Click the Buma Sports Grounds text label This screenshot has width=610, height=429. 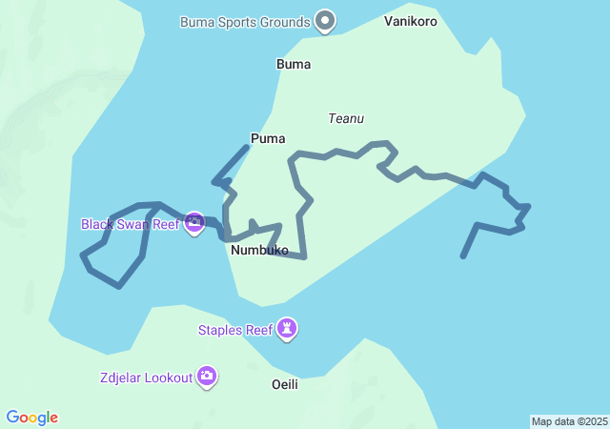tap(245, 22)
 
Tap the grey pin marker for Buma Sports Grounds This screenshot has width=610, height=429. tap(326, 20)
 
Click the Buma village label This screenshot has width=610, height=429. tap(294, 65)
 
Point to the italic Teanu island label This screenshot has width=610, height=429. tap(346, 119)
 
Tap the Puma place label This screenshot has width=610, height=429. tap(268, 139)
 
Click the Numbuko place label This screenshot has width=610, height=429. tap(259, 251)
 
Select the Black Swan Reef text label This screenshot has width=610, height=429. tap(130, 225)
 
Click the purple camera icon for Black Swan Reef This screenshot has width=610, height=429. tap(194, 224)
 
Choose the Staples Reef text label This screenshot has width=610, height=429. tap(234, 331)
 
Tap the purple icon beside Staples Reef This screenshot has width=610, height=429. tap(287, 329)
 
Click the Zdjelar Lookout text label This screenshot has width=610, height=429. tap(145, 378)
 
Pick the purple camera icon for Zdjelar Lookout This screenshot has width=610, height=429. tap(207, 377)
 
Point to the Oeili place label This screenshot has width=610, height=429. tap(285, 384)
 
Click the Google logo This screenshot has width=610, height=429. tap(32, 418)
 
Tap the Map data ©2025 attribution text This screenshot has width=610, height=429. tap(569, 421)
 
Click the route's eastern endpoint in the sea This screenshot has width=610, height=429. tap(462, 256)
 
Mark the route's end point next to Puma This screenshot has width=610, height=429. tap(248, 146)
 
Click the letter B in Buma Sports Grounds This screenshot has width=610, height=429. tap(185, 22)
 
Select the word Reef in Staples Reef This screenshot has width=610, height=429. tap(259, 331)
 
